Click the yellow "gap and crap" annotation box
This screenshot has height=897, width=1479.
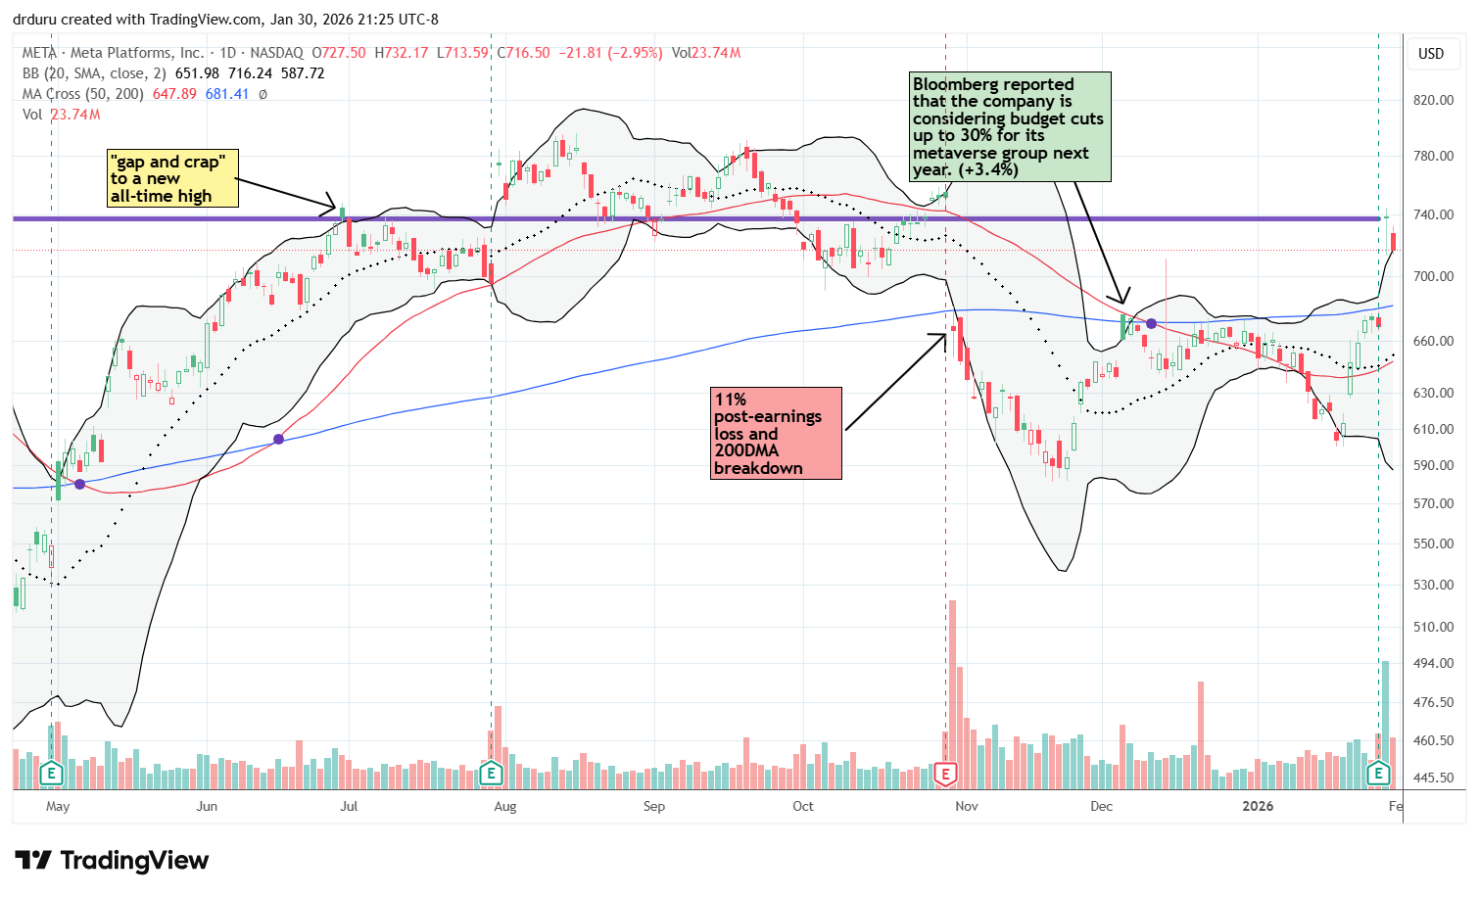172,178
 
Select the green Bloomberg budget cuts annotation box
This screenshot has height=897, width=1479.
1011,127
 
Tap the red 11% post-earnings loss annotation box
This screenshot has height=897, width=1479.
777,433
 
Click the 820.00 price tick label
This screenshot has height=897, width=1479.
1433,100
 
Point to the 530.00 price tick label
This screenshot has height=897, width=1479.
1433,585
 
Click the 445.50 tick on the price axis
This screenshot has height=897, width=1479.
1433,778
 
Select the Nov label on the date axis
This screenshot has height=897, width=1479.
966,806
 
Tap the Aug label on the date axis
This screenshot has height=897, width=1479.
504,806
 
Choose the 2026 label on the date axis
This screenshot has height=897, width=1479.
1258,806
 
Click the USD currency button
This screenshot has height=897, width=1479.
1431,54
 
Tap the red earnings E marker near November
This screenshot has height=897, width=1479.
946,774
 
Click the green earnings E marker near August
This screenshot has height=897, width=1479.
492,774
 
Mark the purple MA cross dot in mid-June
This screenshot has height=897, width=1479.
279,439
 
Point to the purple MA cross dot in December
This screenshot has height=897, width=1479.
1152,323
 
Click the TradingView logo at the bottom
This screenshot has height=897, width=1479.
113,861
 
